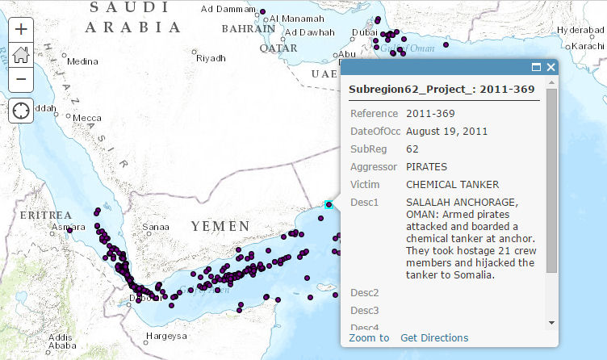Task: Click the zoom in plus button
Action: pos(21,28)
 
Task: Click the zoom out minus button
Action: pos(21,80)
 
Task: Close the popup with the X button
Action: pos(550,68)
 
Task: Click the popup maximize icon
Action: pos(536,68)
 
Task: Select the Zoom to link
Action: pos(369,337)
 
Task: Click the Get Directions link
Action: pos(434,337)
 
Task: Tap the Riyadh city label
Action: pos(211,58)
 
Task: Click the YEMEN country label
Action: pos(220,227)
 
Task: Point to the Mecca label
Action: pos(87,118)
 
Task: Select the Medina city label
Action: pos(82,61)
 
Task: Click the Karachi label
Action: pos(588,46)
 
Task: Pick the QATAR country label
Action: pos(278,48)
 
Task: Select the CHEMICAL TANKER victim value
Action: pos(452,184)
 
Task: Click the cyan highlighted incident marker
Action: pos(329,205)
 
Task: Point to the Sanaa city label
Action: pos(155,228)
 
